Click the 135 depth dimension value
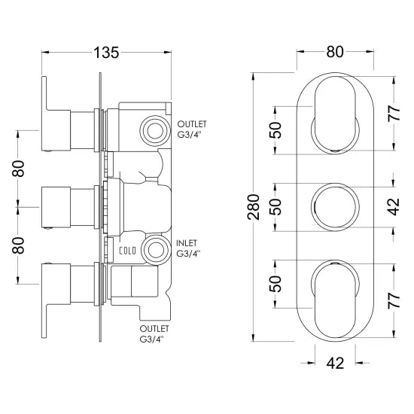coord(106,53)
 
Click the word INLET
coord(187,242)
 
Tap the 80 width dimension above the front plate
coord(335,53)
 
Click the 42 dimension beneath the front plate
coord(336,364)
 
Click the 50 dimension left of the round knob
coord(276,205)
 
